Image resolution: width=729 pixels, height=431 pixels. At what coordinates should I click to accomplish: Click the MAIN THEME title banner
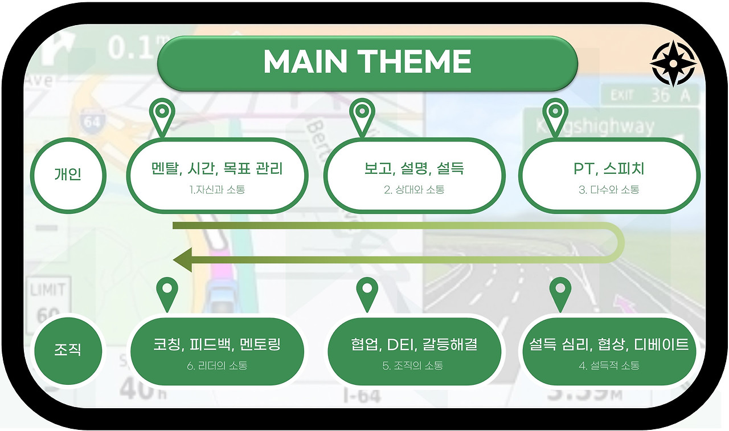(x=367, y=62)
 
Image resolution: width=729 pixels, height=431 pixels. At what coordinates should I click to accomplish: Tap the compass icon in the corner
(x=673, y=63)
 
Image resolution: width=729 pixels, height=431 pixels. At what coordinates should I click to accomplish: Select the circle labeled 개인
(x=68, y=174)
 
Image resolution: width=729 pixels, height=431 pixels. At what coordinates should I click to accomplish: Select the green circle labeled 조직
(x=68, y=349)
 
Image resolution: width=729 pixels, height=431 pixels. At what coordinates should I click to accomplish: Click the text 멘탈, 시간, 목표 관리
(x=217, y=169)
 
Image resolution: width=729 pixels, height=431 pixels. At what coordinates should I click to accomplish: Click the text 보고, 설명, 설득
(x=414, y=169)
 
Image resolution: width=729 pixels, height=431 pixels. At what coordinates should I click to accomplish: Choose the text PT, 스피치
(x=609, y=169)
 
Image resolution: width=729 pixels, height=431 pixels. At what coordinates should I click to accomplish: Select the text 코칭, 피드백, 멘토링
(x=217, y=344)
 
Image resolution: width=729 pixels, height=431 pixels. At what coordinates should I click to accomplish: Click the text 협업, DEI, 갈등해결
(x=414, y=344)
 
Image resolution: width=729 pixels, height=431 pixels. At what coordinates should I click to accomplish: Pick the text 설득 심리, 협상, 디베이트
(x=609, y=344)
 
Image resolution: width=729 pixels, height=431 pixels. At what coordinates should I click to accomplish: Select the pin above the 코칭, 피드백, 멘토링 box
(x=167, y=292)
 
